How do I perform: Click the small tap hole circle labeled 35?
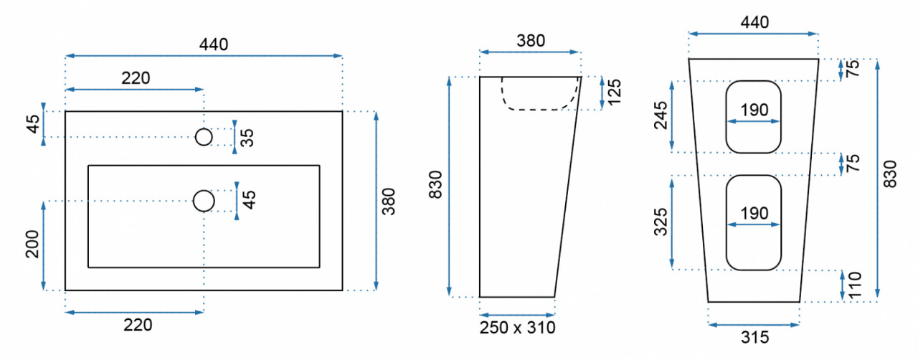click(x=204, y=137)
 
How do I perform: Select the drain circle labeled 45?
click(x=204, y=201)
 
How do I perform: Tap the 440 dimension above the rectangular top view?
click(x=214, y=44)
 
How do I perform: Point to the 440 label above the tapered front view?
click(x=754, y=22)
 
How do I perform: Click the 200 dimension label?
click(x=32, y=244)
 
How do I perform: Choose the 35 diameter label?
click(x=247, y=138)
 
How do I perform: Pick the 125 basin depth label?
click(x=615, y=92)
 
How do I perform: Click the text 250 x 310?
click(x=518, y=328)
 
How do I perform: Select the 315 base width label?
click(x=755, y=338)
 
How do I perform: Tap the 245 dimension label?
click(x=661, y=115)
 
